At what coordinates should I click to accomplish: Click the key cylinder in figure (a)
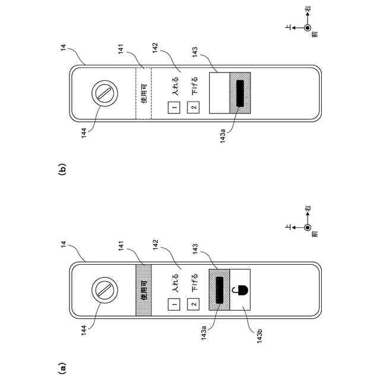click(x=104, y=290)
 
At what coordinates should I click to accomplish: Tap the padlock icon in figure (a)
click(x=240, y=290)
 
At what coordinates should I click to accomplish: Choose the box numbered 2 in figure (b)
click(x=192, y=109)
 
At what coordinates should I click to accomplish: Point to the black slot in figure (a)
click(x=220, y=290)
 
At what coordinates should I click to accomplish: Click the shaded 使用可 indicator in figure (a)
click(x=143, y=290)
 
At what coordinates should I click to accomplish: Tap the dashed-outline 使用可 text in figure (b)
click(x=143, y=94)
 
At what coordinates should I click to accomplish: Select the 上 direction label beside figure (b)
click(x=290, y=28)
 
